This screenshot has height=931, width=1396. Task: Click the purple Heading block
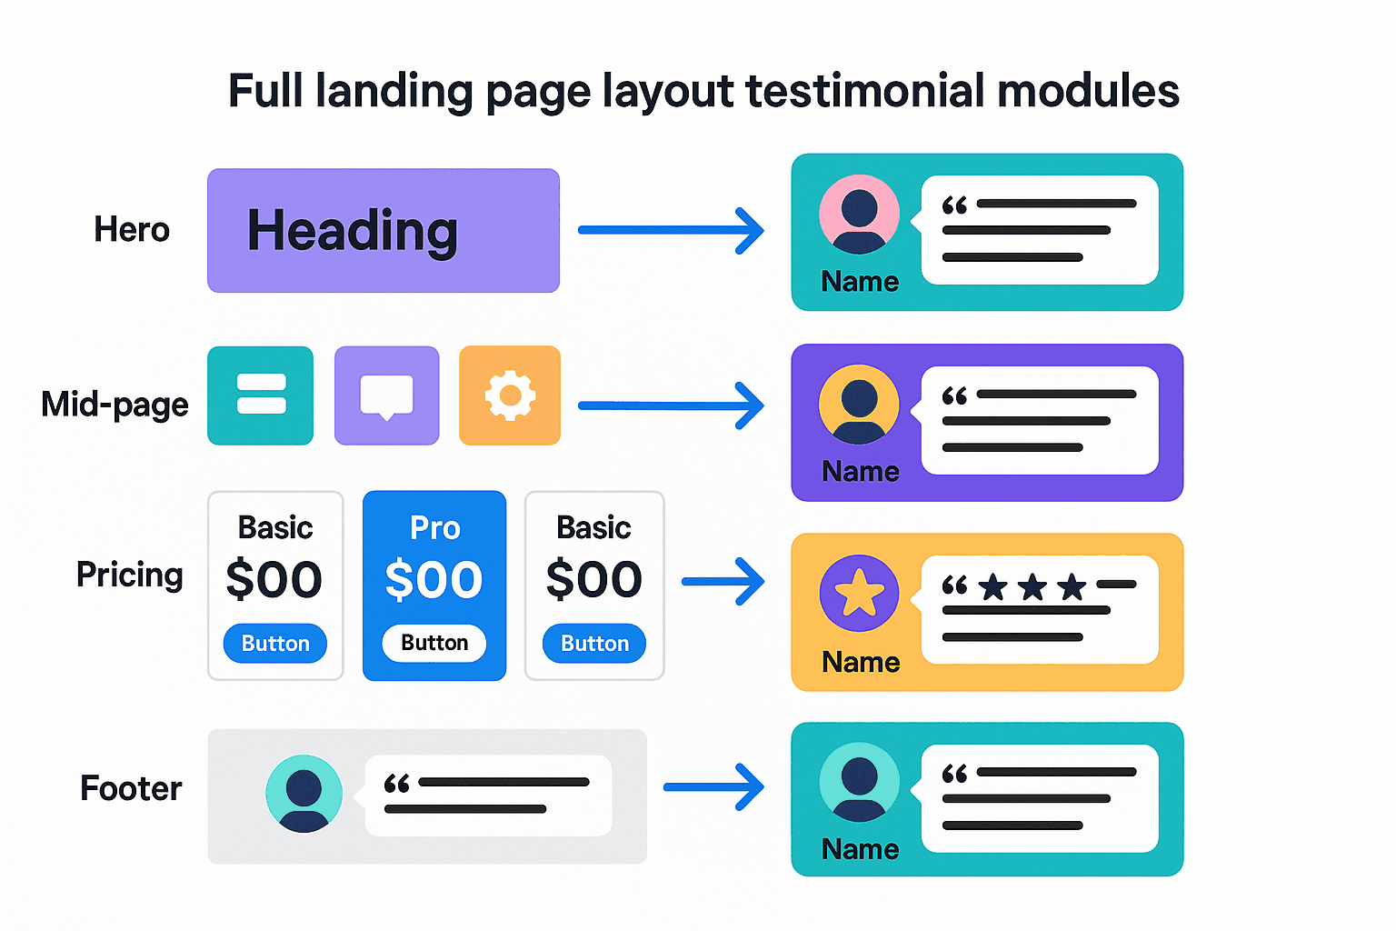(x=383, y=230)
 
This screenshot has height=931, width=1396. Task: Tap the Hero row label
(x=132, y=229)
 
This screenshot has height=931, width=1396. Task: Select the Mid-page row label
(x=115, y=404)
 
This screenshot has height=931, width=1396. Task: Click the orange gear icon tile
(x=510, y=395)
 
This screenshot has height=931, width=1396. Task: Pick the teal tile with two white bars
(x=261, y=395)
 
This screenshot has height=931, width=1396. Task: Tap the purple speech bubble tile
(x=387, y=395)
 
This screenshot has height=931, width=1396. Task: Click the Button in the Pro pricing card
(x=434, y=643)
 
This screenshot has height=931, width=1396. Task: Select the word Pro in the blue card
(x=434, y=527)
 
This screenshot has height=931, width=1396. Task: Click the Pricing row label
(x=129, y=575)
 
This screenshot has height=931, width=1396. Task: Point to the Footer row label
(x=131, y=788)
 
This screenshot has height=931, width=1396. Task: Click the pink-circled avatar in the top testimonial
(x=859, y=215)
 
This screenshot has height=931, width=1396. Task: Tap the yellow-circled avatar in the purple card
(x=859, y=405)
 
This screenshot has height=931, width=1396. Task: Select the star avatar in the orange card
(x=859, y=594)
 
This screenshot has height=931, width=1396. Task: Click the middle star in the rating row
(x=1032, y=586)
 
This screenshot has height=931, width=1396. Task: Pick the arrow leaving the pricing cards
(x=723, y=581)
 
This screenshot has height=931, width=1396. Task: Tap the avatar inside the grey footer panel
(x=304, y=793)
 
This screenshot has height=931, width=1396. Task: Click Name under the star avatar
(x=860, y=662)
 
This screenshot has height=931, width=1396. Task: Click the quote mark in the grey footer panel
(x=396, y=783)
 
